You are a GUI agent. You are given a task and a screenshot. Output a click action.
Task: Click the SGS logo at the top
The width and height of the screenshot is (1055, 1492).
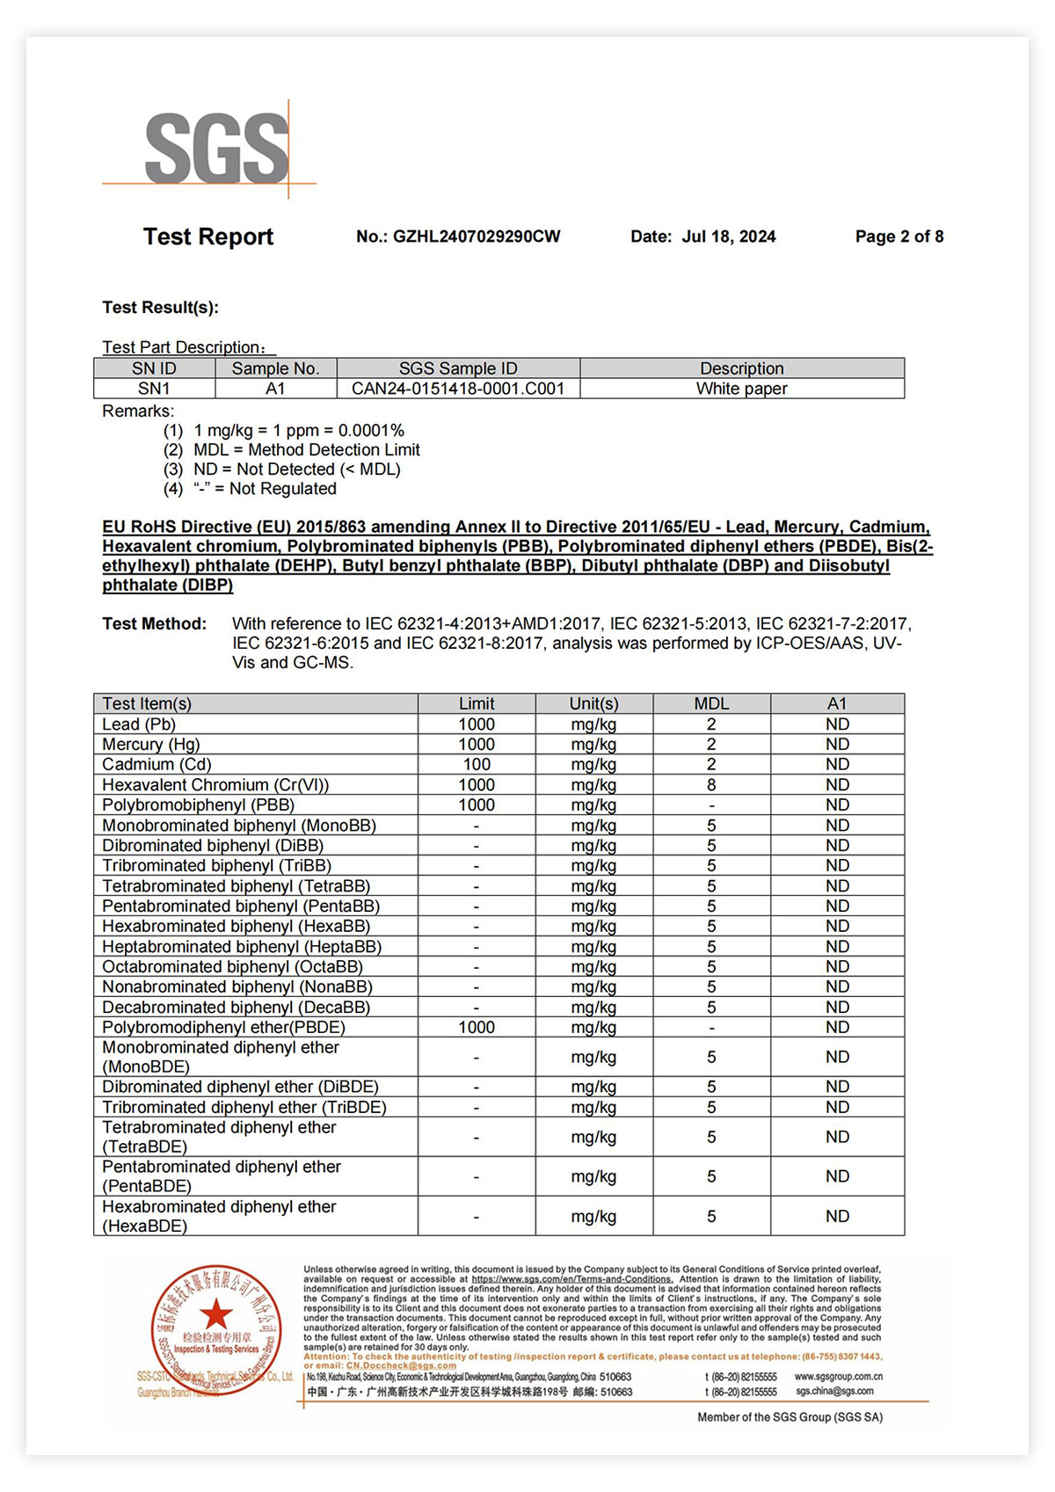point(216,148)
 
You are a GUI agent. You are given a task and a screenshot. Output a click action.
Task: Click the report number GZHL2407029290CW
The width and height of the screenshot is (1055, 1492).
point(476,237)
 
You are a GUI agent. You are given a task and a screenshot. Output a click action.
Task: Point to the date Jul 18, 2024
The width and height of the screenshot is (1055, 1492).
point(729,237)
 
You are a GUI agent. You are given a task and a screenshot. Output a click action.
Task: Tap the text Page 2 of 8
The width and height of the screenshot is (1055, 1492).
point(899,237)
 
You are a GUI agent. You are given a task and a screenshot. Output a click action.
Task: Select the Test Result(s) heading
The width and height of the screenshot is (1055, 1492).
point(160,308)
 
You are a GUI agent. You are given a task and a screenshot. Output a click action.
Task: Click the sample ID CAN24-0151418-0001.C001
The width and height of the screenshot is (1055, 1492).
point(458,389)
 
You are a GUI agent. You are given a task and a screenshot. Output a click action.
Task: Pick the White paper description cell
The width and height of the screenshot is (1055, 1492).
point(741,389)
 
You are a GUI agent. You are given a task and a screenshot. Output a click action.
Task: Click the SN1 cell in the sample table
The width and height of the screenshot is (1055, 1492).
point(154,389)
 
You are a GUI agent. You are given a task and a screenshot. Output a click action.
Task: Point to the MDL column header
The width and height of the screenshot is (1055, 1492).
point(711,703)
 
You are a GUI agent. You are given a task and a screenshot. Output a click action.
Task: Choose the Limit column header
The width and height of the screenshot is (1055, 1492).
point(477,703)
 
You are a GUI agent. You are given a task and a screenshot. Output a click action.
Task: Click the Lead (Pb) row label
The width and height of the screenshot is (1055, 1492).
point(139,724)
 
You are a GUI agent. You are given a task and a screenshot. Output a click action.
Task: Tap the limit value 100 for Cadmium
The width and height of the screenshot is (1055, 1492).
point(477,765)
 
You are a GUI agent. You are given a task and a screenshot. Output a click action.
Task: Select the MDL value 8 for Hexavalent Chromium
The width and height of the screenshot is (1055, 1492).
point(711,785)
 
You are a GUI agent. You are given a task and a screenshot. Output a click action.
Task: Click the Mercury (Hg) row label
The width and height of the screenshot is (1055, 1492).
point(150,745)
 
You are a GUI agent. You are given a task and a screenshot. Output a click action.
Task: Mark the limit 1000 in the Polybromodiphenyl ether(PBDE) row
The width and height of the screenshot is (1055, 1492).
point(477,1028)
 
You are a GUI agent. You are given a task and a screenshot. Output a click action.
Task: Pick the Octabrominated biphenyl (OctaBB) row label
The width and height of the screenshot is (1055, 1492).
point(232,967)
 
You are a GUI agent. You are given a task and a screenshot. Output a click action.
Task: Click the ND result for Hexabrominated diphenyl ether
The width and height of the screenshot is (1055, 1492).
point(837,1217)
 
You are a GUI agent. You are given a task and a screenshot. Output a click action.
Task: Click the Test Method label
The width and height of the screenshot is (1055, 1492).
point(155,624)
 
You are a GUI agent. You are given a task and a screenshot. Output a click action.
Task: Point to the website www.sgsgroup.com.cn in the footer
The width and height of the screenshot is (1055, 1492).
point(838,1377)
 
